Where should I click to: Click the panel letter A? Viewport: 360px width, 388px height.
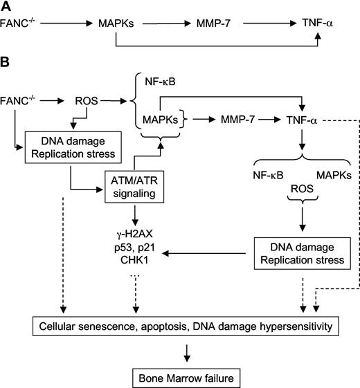pos(6,7)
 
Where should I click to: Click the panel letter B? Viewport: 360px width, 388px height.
pos(6,63)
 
